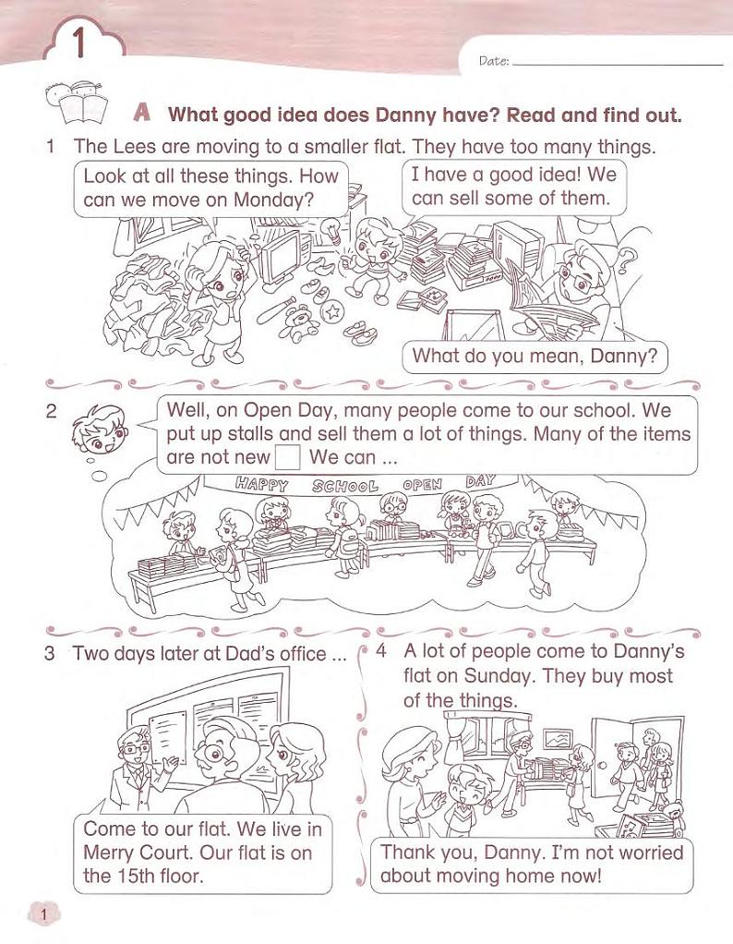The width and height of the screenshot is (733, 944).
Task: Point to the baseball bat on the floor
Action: (x=276, y=310)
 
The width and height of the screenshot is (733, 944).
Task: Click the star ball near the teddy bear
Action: (x=331, y=311)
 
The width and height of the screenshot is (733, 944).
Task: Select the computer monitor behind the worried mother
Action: (x=282, y=256)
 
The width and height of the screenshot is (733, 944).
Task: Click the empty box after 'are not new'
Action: (x=288, y=457)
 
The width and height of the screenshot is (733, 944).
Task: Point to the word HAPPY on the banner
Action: (x=262, y=483)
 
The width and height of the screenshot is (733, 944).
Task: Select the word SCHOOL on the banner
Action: (x=345, y=486)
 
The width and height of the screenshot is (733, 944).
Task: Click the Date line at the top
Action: (x=619, y=64)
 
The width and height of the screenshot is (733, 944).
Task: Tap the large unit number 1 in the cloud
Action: (x=78, y=43)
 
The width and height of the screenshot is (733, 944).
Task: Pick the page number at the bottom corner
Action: (x=43, y=915)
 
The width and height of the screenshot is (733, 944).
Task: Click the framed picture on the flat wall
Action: (x=558, y=739)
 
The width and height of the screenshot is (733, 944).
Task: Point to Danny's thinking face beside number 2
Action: (x=100, y=429)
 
